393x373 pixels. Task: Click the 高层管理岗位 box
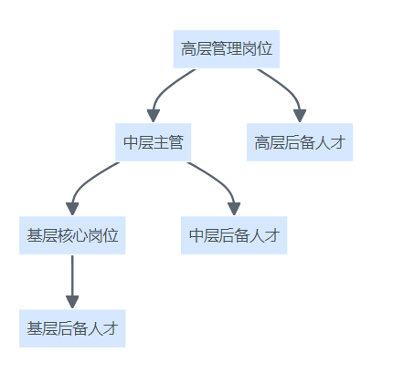227,49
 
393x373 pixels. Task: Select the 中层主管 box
154,142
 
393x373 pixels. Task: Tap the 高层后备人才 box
300,142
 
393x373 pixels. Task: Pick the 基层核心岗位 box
72,235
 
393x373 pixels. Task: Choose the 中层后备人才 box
234,235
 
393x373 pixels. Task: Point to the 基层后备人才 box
72,328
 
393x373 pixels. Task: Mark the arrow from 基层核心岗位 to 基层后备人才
72,282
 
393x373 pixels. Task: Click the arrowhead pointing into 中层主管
154,116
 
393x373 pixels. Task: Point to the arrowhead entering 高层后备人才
300,116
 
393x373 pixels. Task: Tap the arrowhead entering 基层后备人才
72,302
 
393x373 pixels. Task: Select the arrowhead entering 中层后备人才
234,209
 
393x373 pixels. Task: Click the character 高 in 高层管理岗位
188,49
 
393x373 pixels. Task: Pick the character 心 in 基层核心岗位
80,235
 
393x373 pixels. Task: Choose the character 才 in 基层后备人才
111,328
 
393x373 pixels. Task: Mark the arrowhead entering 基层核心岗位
72,209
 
